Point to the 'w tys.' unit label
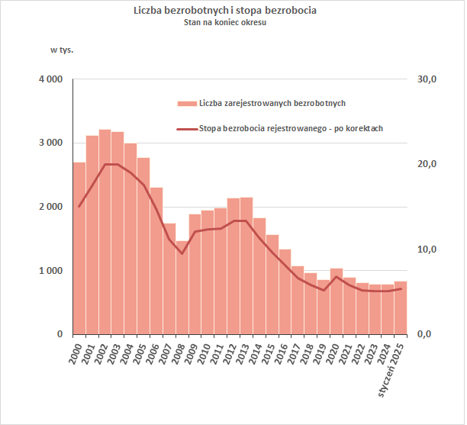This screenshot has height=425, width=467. point(62,50)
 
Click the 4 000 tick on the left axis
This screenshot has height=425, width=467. point(51,79)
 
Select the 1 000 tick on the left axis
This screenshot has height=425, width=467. point(51,271)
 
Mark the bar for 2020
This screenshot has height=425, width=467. point(337,301)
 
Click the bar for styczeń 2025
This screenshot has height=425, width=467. point(401,307)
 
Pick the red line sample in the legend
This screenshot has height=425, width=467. point(186,128)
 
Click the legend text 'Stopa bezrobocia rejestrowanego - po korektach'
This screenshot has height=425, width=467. point(291,128)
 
